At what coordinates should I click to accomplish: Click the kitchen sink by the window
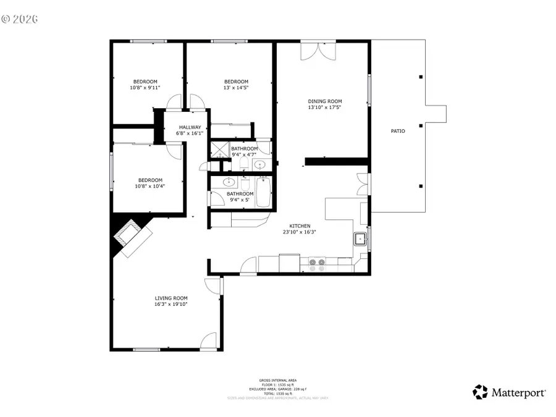[360, 238]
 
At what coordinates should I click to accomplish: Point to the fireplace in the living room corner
[129, 234]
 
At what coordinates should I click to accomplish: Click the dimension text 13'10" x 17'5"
[324, 107]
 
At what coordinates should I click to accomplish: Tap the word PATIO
[398, 131]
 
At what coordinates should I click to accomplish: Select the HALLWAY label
[190, 127]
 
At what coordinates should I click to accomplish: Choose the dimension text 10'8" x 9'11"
[145, 88]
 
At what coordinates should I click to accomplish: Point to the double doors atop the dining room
[319, 51]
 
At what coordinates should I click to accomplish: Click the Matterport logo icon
[480, 392]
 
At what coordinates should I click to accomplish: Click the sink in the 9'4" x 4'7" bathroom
[260, 165]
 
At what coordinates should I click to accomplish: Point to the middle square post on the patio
[421, 126]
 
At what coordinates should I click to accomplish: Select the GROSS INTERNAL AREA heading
[277, 381]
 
